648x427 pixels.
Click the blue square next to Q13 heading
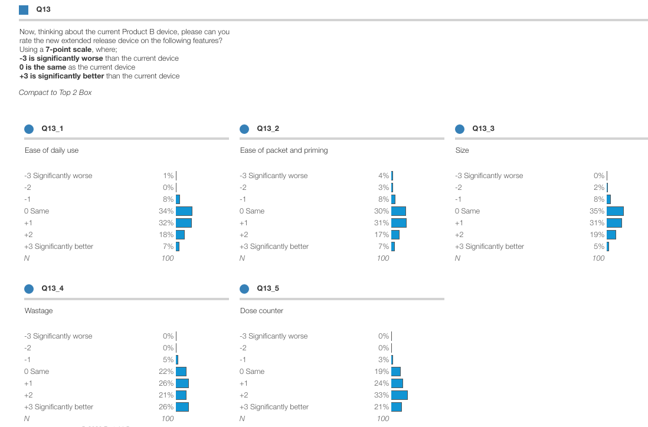pos(24,9)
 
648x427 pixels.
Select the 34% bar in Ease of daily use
pos(184,211)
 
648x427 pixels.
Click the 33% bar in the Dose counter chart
pos(400,395)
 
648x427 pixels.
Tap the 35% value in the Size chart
pos(597,211)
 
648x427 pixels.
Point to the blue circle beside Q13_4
pos(29,288)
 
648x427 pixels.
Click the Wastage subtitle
pos(38,311)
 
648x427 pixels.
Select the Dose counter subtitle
pos(261,311)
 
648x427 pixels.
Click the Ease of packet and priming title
pos(283,150)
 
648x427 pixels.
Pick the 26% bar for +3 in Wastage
pos(182,407)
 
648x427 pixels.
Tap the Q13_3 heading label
pos(483,129)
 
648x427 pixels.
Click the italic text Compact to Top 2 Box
pos(55,93)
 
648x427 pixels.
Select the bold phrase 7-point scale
pos(68,50)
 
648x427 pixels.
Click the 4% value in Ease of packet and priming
pos(384,176)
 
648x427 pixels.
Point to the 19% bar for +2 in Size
pos(611,235)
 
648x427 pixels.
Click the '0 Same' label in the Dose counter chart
pos(252,372)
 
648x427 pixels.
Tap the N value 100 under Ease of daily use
pos(168,258)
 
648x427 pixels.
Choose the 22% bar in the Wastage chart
pos(181,372)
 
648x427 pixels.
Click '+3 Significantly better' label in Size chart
pos(489,247)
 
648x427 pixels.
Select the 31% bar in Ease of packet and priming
pos(399,223)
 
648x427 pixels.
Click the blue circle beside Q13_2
pos(244,129)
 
